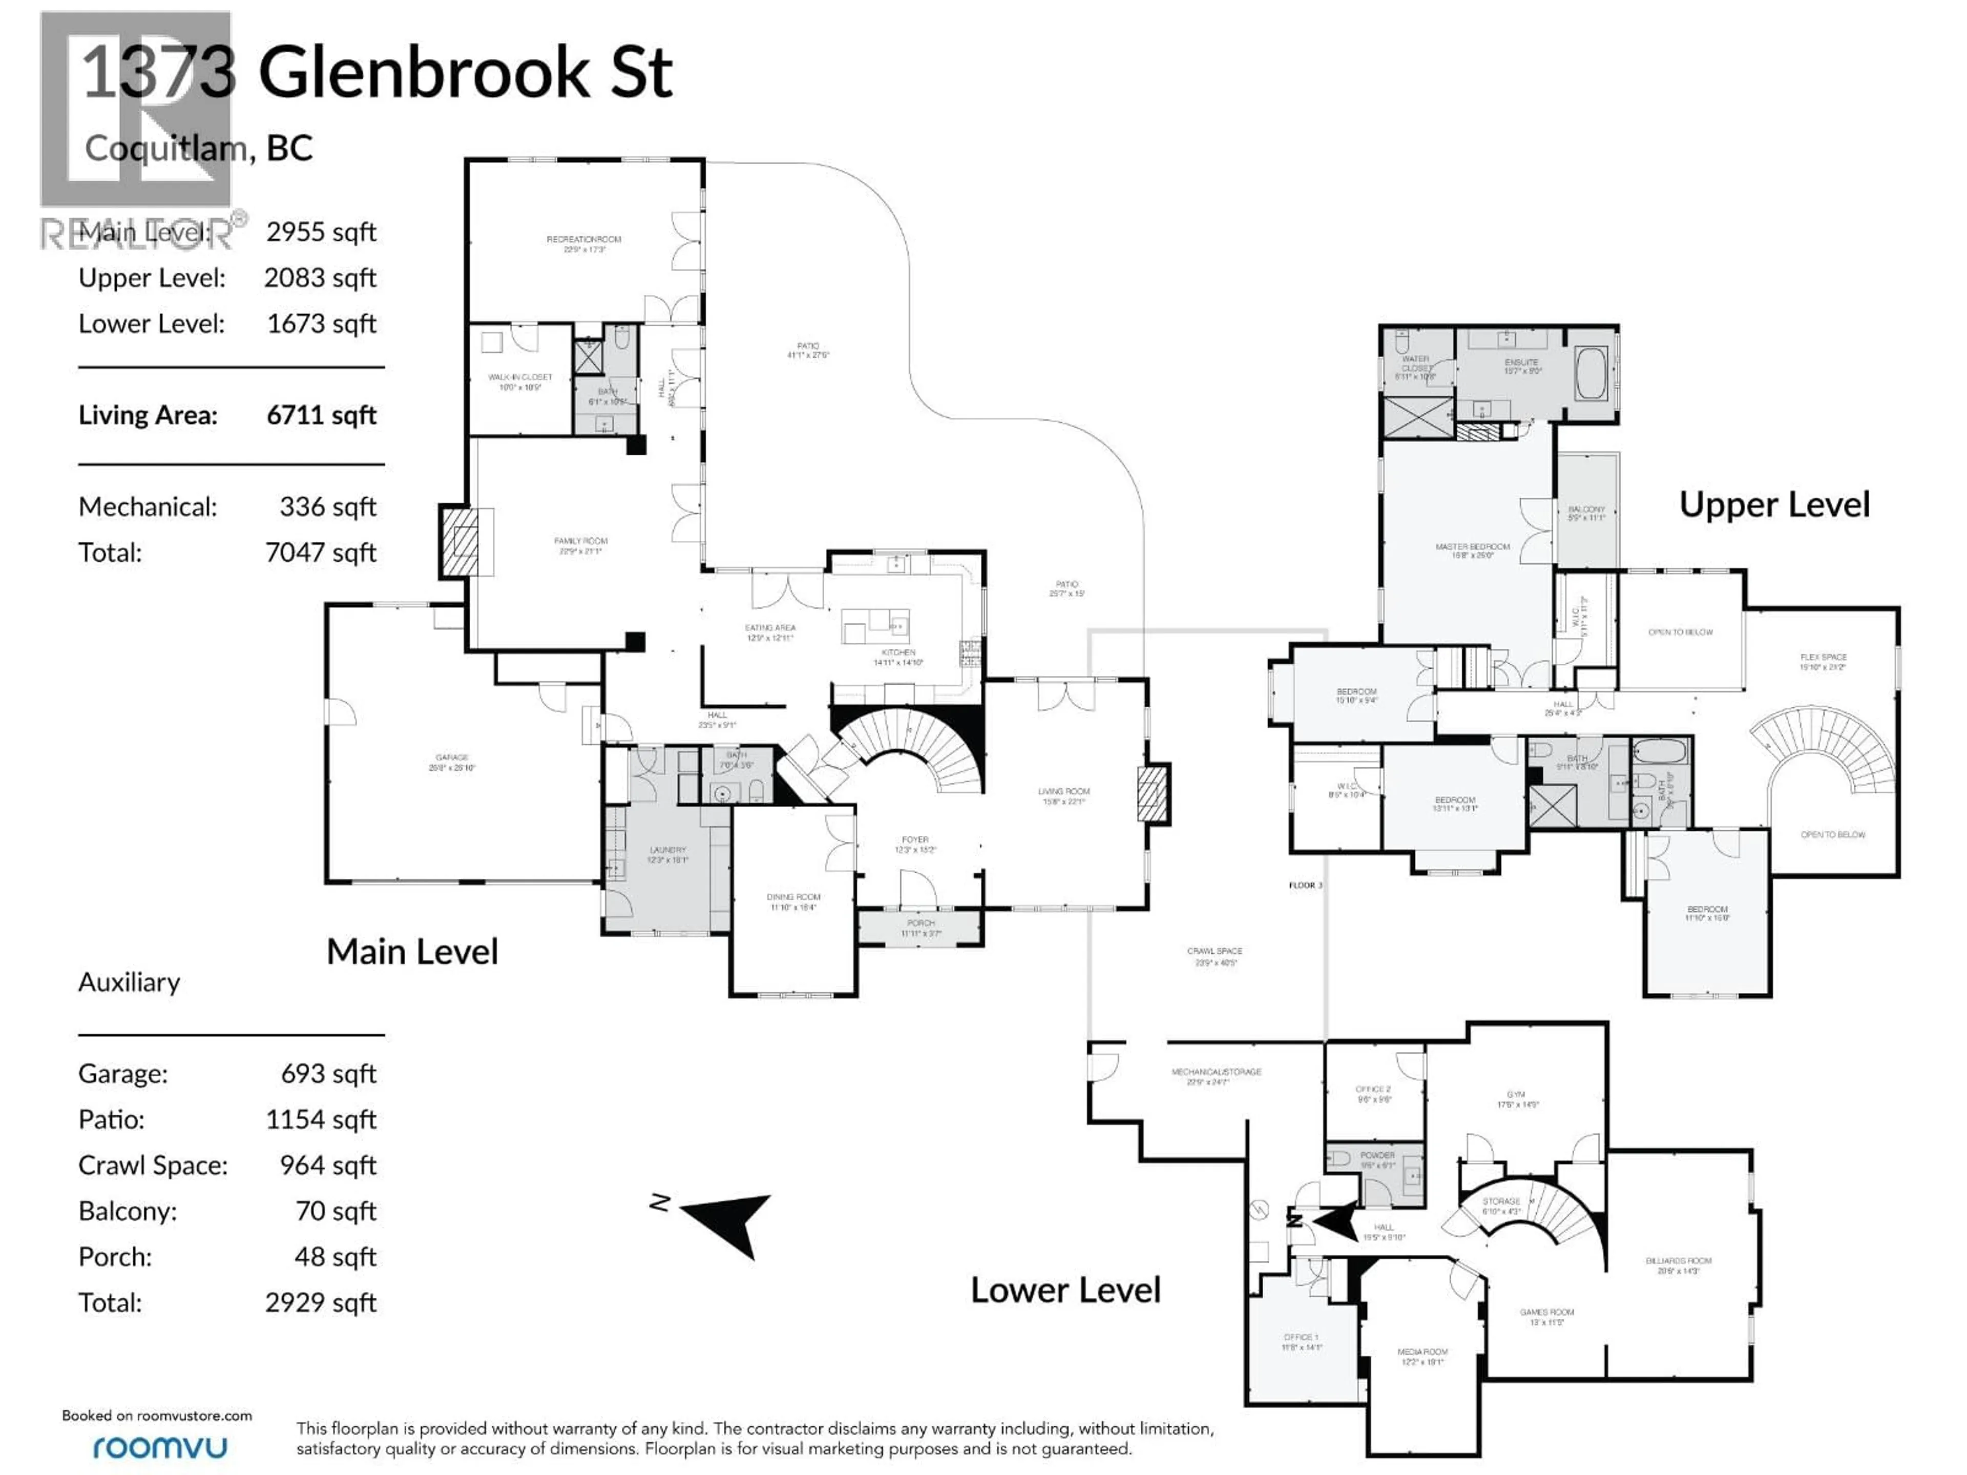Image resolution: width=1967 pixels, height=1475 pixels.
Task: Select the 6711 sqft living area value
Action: (x=321, y=415)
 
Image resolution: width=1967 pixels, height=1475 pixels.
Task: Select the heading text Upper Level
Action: (x=1774, y=505)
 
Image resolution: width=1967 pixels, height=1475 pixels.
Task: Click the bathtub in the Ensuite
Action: (x=1591, y=374)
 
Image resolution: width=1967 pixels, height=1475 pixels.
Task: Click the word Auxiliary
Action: (x=129, y=982)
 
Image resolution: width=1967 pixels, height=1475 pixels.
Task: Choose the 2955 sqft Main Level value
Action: (x=321, y=232)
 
